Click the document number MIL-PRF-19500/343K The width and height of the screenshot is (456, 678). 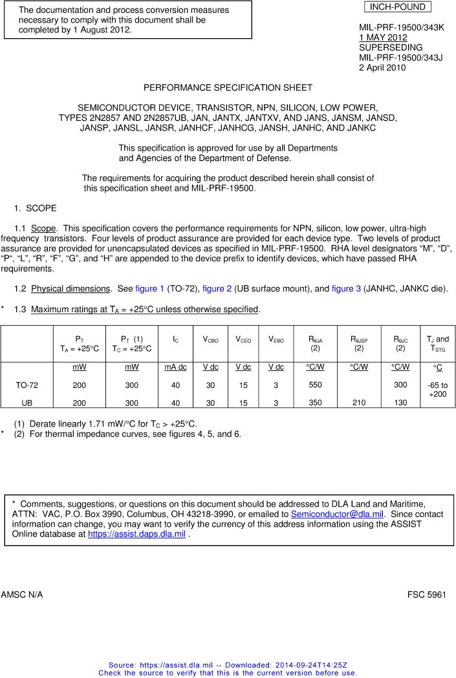tap(402, 28)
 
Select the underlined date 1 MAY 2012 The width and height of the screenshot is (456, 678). tap(383, 37)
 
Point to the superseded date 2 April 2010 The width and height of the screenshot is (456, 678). tap(382, 67)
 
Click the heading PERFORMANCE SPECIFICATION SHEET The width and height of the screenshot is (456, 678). tap(228, 87)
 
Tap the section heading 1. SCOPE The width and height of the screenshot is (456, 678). tap(36, 208)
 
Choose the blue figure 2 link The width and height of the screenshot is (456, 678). tap(216, 289)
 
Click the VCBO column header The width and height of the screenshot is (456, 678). tap(212, 339)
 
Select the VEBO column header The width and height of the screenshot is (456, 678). tap(276, 339)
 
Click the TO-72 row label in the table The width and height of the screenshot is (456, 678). tap(27, 385)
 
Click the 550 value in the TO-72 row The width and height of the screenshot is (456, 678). tap(314, 385)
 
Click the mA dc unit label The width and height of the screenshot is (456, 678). tap(175, 367)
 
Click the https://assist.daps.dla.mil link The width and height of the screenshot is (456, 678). tap(136, 535)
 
